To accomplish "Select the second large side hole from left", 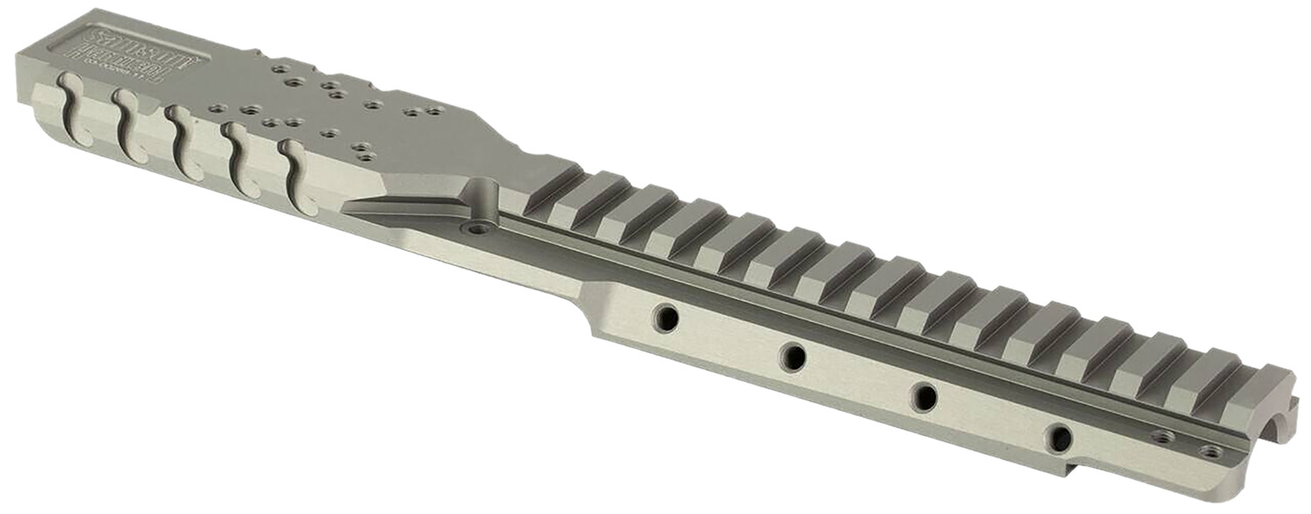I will tap(794, 355).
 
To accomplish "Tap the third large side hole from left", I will tap(924, 396).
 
